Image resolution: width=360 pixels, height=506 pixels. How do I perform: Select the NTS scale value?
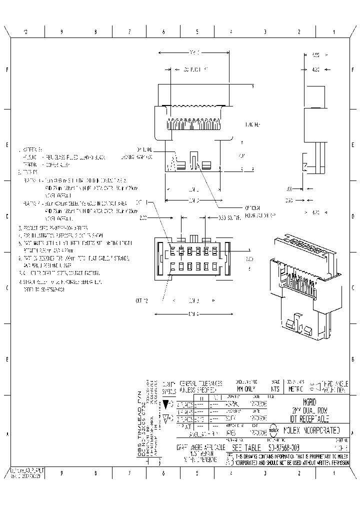click(275, 388)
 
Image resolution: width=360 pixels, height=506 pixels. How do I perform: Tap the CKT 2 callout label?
click(142, 300)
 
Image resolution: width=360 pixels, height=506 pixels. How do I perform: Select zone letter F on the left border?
click(7, 70)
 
